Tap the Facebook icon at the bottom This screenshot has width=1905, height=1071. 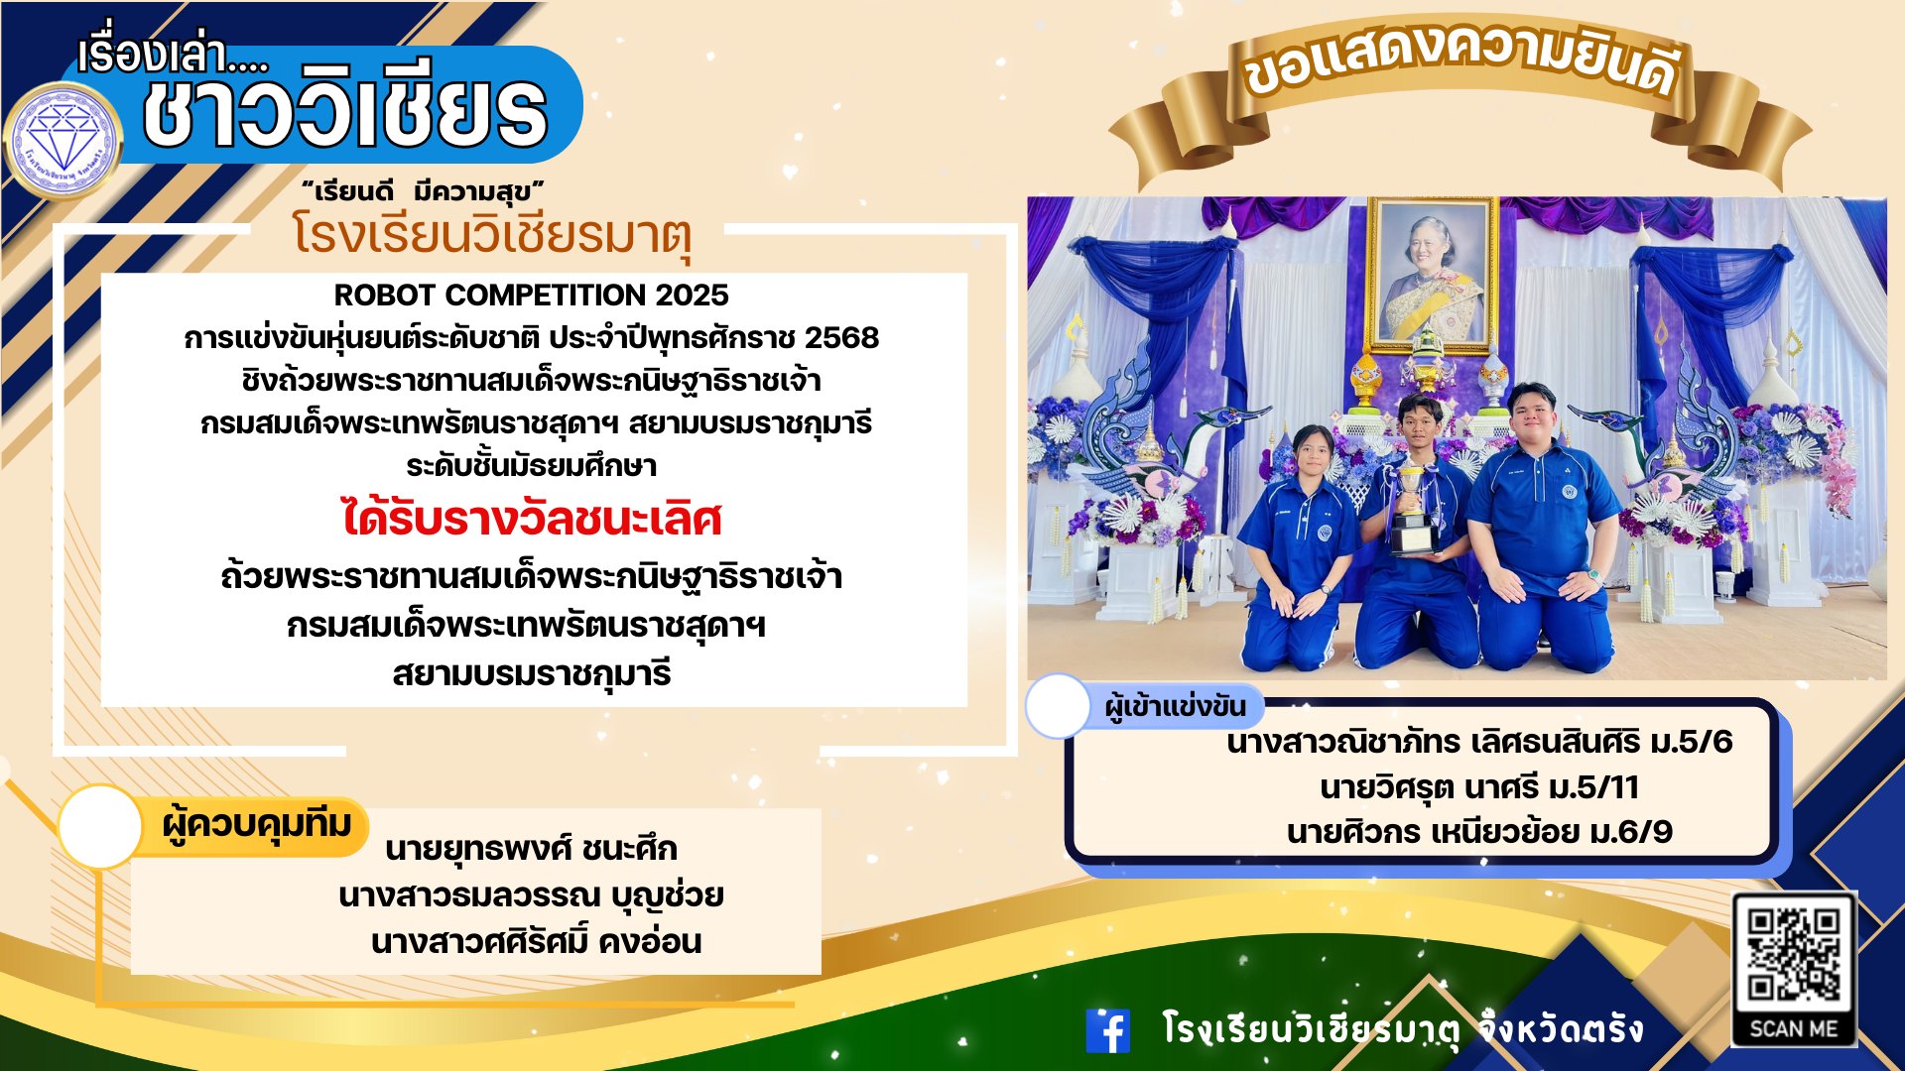1108,1030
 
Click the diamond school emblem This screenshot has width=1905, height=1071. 63,141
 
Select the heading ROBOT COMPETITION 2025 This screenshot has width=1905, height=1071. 531,295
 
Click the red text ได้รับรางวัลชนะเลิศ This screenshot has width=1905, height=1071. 532,518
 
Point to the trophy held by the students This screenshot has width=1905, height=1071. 1413,514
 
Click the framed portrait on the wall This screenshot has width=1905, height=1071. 1432,273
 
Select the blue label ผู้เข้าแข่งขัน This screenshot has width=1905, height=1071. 1175,707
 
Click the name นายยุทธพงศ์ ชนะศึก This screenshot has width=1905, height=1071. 531,849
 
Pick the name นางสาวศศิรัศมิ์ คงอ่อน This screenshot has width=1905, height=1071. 536,940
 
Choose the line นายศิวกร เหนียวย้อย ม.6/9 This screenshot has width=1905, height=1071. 1479,831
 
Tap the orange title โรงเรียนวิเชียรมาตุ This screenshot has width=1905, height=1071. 491,237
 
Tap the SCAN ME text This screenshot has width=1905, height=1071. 1794,1028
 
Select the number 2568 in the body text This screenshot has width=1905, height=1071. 841,338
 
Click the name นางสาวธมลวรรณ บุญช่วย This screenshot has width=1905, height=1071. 531,895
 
